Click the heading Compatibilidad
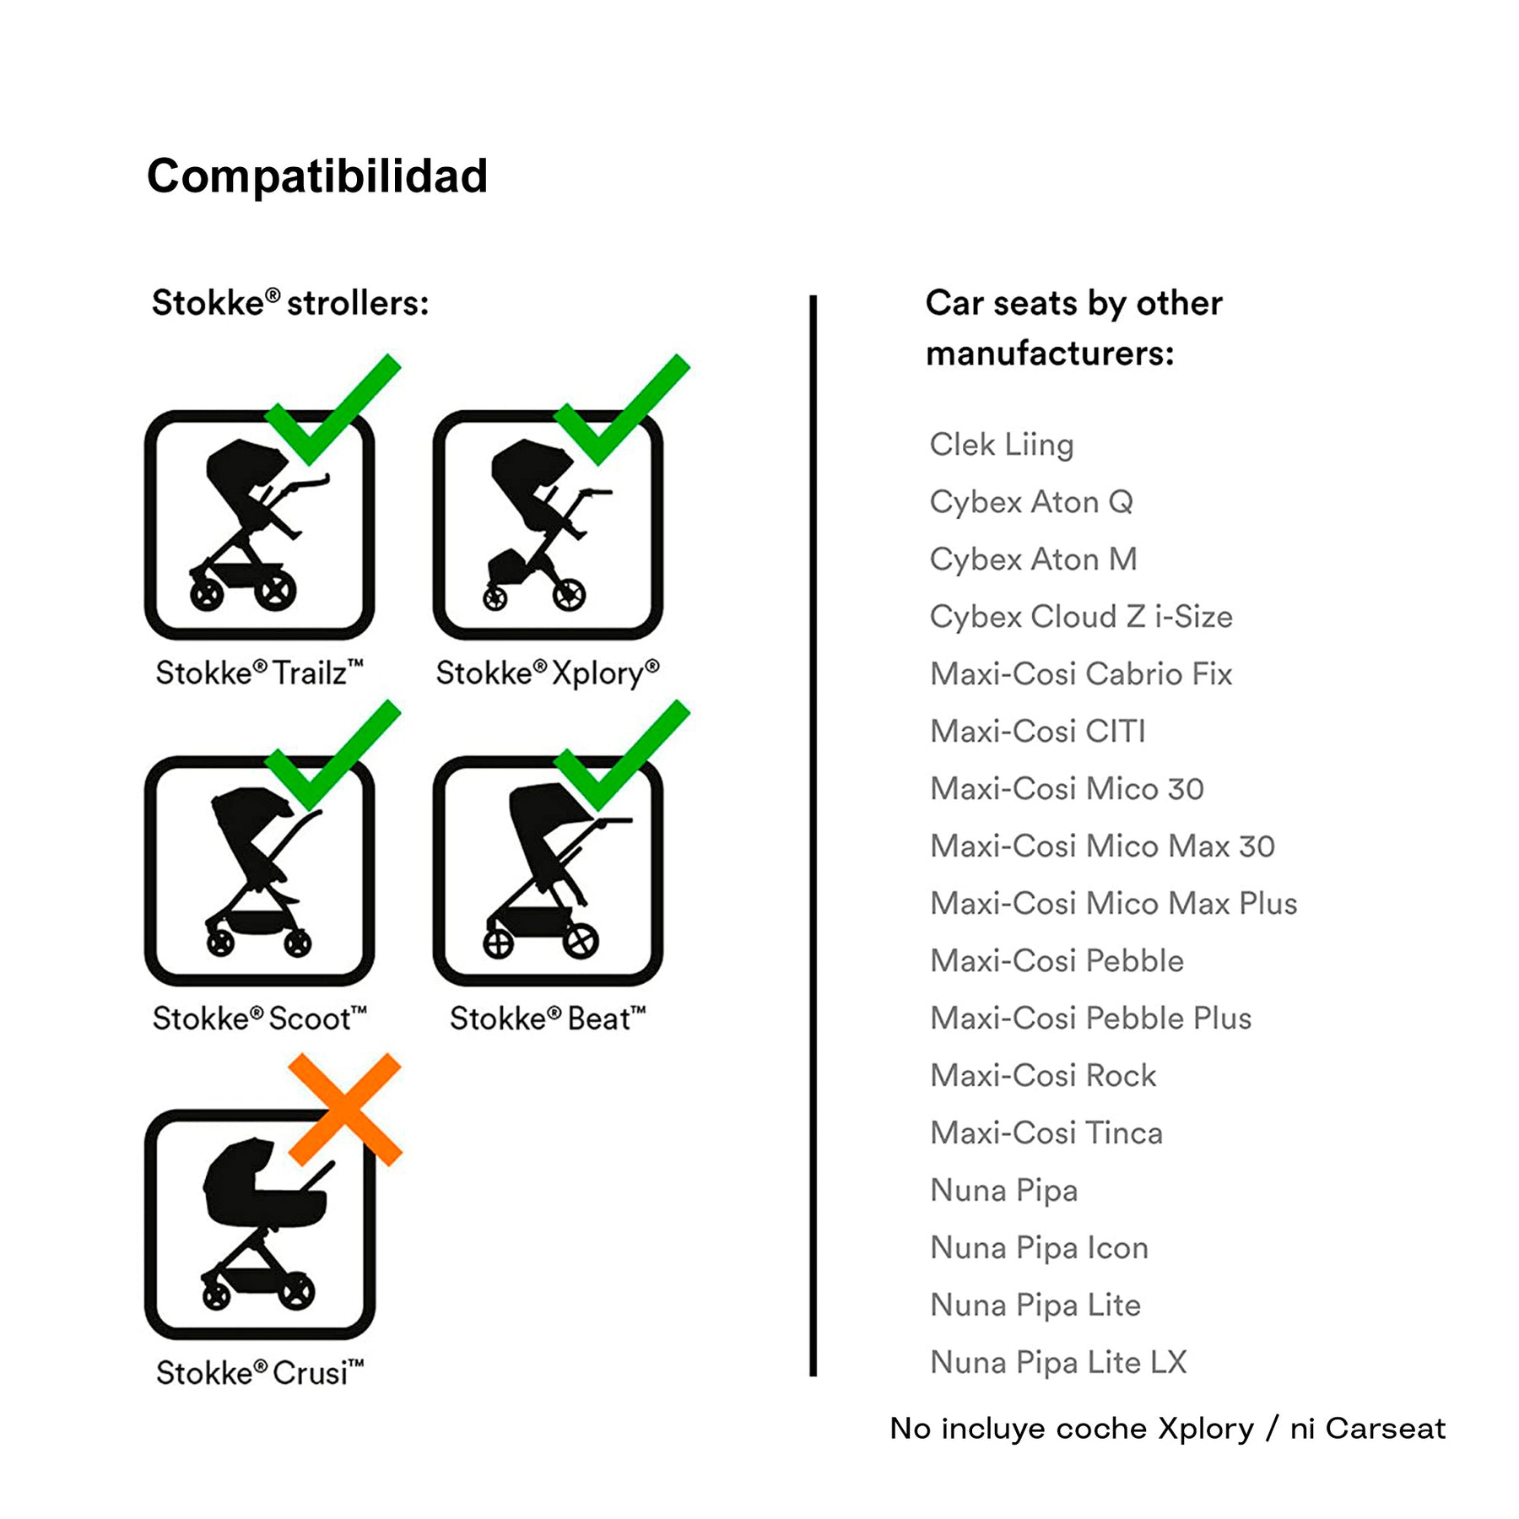tap(317, 176)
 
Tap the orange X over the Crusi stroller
tap(344, 1110)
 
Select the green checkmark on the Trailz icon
tap(332, 409)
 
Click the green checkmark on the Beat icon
tap(622, 755)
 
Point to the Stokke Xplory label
tap(548, 673)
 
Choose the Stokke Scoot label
tap(260, 1019)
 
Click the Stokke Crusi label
tap(260, 1373)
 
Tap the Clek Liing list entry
tap(1002, 445)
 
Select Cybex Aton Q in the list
tap(1031, 502)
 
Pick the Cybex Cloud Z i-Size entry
tap(1081, 617)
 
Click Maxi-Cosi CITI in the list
tap(1038, 732)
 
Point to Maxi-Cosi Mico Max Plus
tap(1114, 904)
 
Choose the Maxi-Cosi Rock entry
tap(1043, 1076)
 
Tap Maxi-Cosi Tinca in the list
tap(1046, 1133)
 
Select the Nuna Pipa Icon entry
tap(1040, 1248)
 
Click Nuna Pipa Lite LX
tap(1059, 1363)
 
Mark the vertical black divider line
tap(813, 835)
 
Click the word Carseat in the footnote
tap(1386, 1429)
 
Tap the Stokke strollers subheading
tap(290, 303)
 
